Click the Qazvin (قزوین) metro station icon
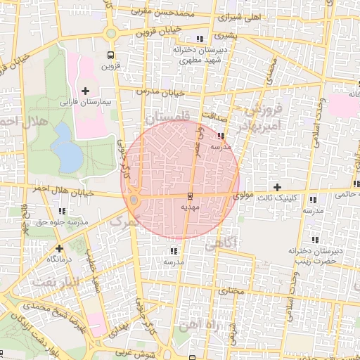point(110,55)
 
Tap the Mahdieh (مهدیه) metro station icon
point(190,195)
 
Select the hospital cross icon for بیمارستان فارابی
point(86,91)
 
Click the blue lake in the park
point(67,148)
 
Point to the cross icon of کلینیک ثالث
point(278,187)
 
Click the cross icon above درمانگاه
point(59,248)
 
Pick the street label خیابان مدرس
point(163,93)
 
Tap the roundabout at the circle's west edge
point(134,201)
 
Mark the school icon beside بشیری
point(201,39)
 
